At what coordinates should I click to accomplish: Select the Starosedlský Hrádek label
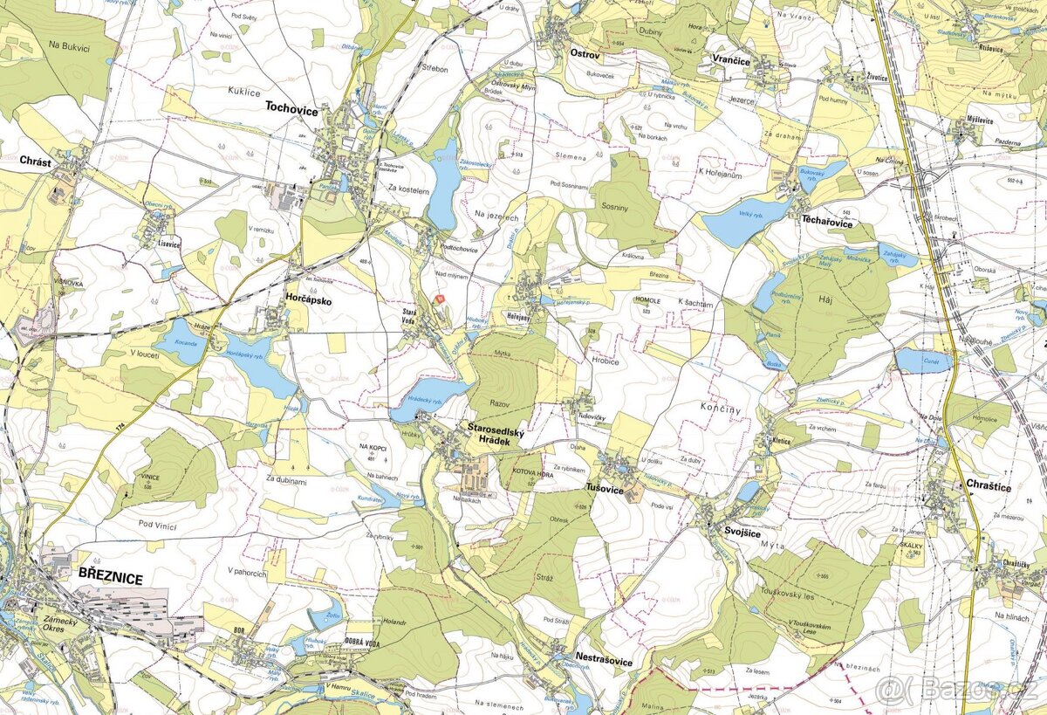tap(496, 435)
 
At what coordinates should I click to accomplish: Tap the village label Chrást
tap(36, 161)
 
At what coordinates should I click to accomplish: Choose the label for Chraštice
tap(988, 486)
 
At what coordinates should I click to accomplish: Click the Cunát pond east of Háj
tap(923, 360)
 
